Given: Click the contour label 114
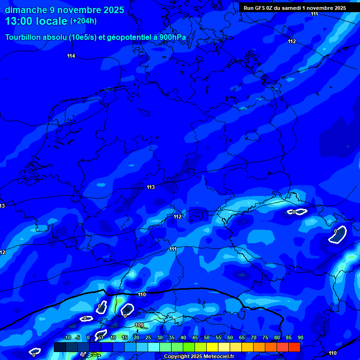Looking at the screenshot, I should pyautogui.click(x=71, y=56).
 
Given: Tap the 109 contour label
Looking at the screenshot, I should pyautogui.click(x=139, y=325).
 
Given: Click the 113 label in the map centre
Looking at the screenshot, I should pyautogui.click(x=150, y=187).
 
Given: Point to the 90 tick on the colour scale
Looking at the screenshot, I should pyautogui.click(x=300, y=338).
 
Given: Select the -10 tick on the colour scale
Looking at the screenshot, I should pyautogui.click(x=67, y=338).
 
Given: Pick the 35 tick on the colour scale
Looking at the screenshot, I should pyautogui.click(x=171, y=338).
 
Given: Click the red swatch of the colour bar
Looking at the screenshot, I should pyautogui.click(x=294, y=347).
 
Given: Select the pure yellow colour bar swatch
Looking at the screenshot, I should pyautogui.click(x=212, y=347).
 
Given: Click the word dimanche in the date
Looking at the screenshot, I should pyautogui.click(x=26, y=10).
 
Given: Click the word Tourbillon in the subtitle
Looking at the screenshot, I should pyautogui.click(x=22, y=37).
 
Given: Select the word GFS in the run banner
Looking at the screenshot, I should pyautogui.click(x=261, y=8).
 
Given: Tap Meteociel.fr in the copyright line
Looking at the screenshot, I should pyautogui.click(x=216, y=356).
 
